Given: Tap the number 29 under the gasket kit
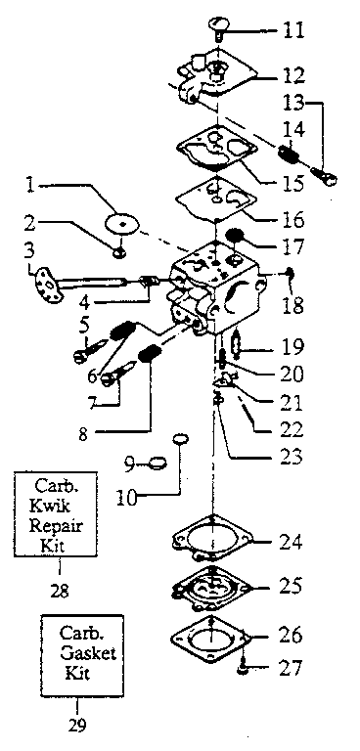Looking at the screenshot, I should coord(79,725).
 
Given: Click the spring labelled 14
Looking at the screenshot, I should coord(289,155).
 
